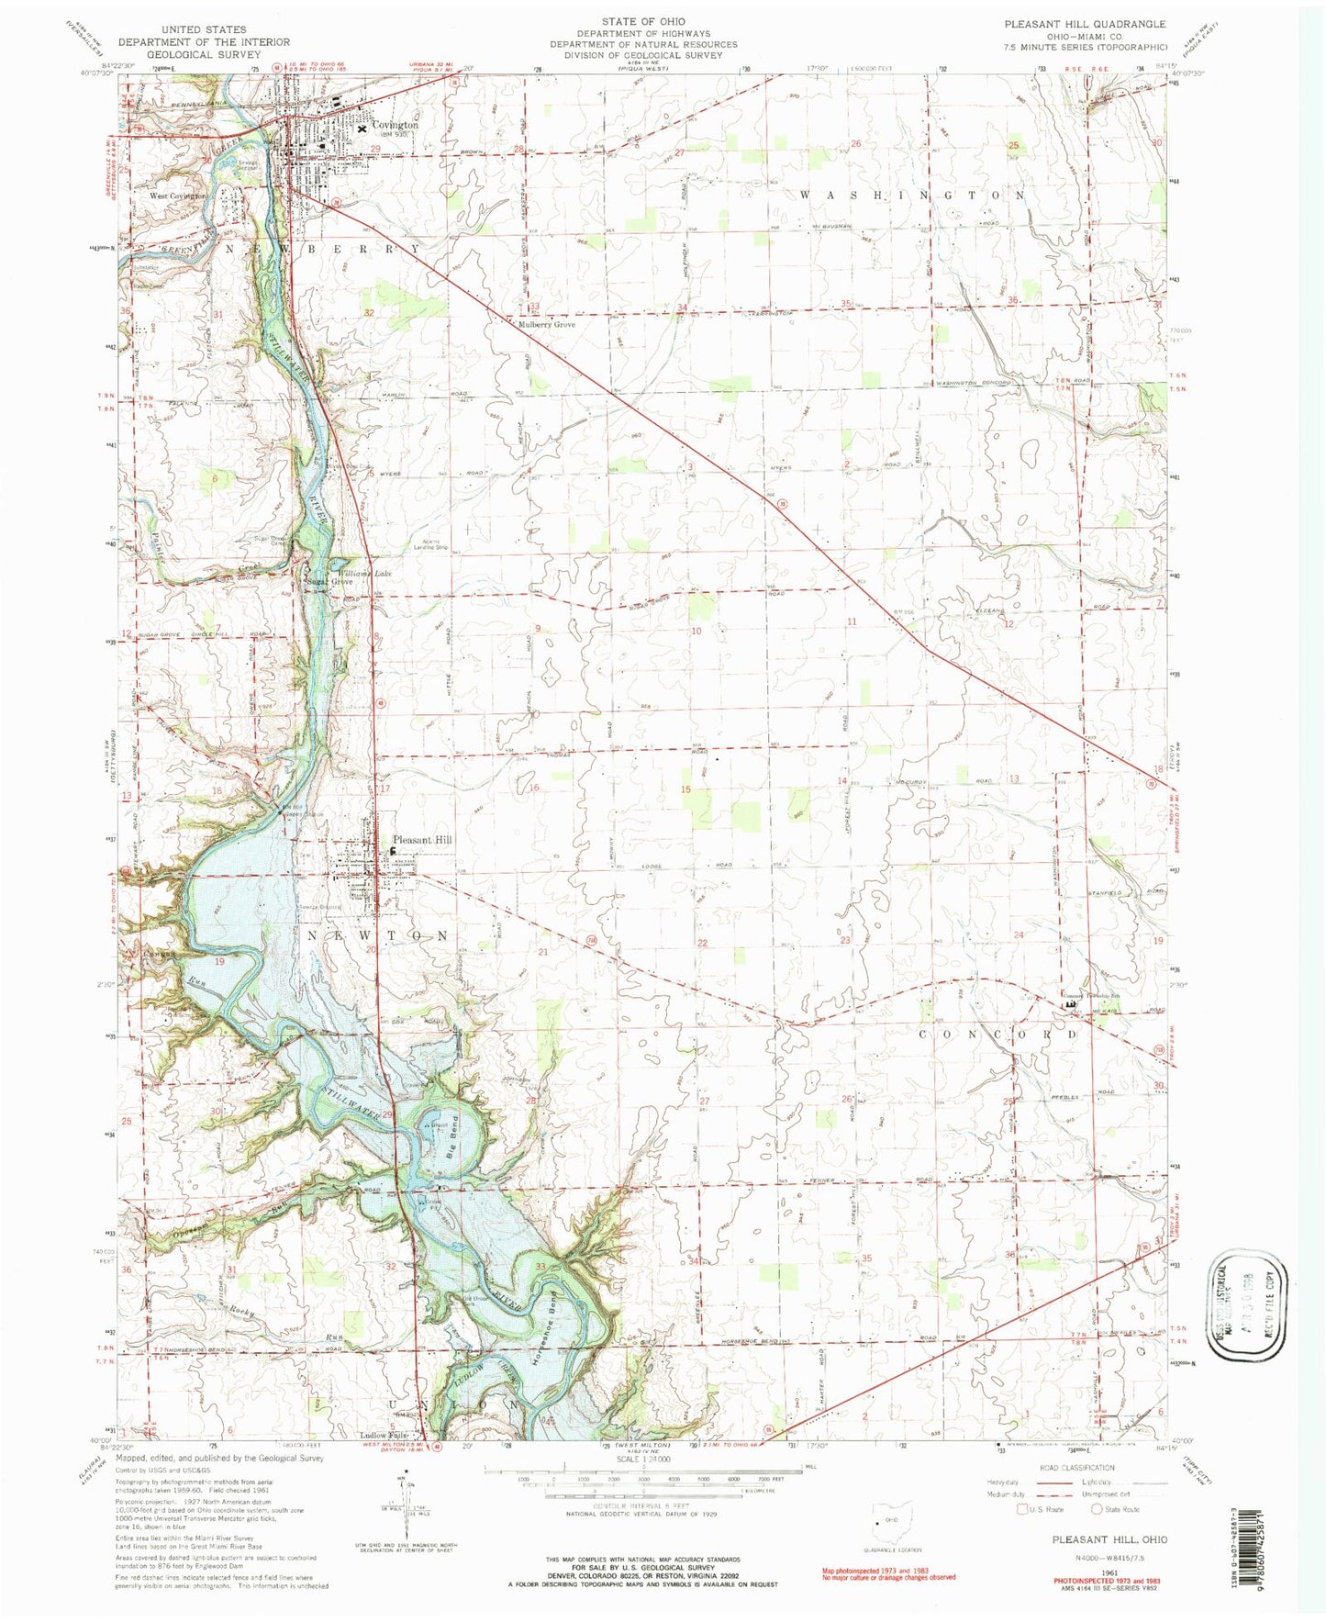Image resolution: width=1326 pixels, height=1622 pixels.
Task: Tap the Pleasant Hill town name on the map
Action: [x=422, y=839]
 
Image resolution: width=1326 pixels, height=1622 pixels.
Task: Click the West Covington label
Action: [x=181, y=196]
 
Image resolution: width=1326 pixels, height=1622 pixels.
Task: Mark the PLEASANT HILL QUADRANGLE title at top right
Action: [x=1072, y=24]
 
